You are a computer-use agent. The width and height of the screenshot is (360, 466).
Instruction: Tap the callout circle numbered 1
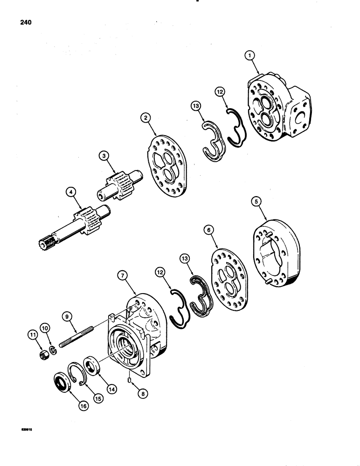coord(251,56)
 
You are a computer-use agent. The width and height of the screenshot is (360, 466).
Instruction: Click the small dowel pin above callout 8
coord(129,381)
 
